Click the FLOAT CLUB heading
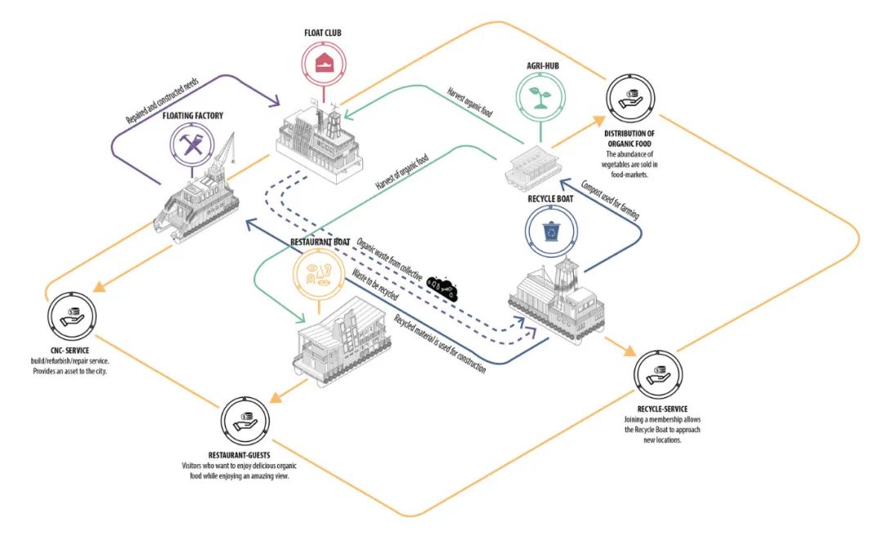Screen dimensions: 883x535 point(323,33)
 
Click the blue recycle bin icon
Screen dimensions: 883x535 point(551,231)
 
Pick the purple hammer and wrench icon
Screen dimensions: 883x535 point(192,145)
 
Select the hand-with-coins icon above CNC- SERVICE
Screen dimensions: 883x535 point(71,317)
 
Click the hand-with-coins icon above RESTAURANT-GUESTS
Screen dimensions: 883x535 point(245,421)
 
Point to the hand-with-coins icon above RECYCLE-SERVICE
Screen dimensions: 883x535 point(657,374)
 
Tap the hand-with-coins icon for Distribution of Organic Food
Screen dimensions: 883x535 point(630,99)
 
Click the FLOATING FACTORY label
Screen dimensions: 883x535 point(193,116)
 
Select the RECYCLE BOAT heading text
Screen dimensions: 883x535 point(550,198)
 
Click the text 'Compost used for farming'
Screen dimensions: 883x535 point(610,199)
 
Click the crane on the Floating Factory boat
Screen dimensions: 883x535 point(222,151)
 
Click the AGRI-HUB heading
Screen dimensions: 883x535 point(543,66)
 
